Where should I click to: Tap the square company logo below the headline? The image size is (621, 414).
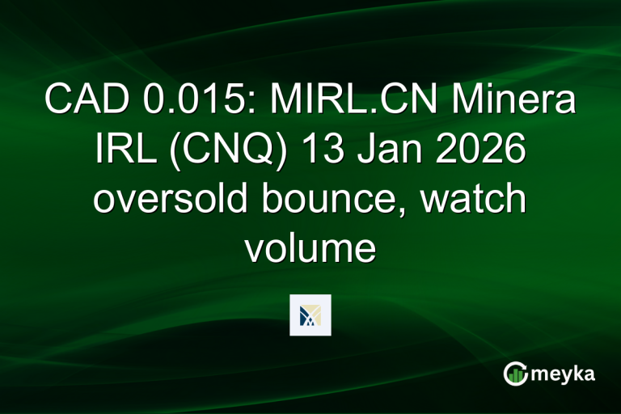[x=310, y=315]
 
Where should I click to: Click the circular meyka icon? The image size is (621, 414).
[x=515, y=374]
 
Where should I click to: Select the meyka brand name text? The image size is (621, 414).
[x=565, y=374]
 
